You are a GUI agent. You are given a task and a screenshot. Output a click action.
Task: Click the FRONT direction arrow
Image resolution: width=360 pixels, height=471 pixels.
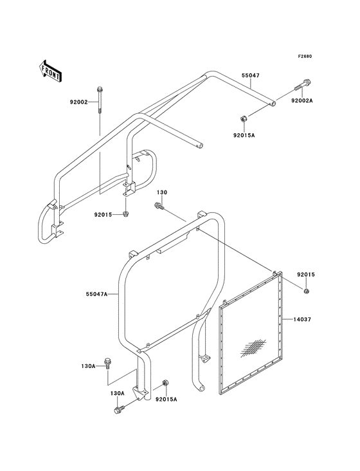coord(50,70)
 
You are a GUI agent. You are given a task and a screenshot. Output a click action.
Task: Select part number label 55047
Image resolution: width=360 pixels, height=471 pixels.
coord(251,75)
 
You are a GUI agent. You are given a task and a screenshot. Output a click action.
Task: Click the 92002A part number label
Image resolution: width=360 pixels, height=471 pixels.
coord(301,100)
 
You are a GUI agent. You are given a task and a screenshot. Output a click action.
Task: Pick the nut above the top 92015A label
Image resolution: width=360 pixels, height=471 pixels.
coord(243,118)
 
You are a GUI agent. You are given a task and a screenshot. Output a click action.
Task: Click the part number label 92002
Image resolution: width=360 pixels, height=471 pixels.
coord(78,102)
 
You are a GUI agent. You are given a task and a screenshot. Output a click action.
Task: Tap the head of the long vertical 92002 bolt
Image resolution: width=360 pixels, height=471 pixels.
coord(99,89)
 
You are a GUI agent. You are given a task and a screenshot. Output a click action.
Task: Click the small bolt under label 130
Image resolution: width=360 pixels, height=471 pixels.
coord(158,206)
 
